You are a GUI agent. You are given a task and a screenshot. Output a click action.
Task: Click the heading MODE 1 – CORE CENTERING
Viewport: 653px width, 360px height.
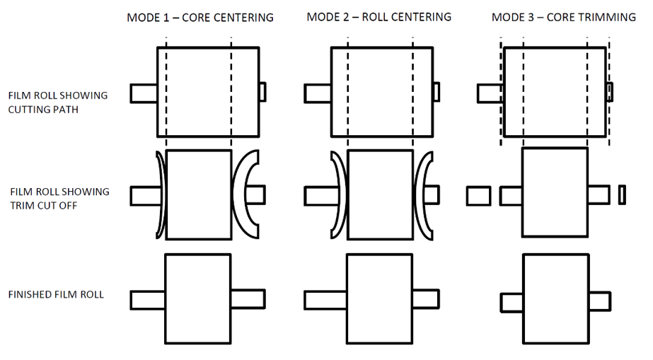200,18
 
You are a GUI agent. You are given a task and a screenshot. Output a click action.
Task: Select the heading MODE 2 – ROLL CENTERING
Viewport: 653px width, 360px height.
379,17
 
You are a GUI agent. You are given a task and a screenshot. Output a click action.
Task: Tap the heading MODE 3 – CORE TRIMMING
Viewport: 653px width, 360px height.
563,18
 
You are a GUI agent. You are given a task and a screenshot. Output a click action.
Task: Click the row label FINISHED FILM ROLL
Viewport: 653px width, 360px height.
56,295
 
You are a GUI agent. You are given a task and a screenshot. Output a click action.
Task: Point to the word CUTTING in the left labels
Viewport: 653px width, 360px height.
25,110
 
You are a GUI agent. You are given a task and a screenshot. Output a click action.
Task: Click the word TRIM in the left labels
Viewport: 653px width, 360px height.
22,206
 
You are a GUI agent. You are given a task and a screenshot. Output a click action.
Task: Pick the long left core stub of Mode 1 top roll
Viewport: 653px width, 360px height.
144,93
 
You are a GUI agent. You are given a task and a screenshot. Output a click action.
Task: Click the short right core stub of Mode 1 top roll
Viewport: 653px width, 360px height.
262,92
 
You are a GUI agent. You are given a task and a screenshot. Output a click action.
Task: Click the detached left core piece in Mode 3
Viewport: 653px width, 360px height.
478,196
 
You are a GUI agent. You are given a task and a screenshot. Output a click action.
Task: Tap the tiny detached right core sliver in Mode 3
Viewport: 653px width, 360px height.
622,194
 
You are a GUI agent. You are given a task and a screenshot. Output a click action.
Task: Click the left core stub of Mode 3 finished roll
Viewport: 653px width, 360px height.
512,303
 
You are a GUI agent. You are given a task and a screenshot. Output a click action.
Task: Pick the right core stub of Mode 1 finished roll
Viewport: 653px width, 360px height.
248,298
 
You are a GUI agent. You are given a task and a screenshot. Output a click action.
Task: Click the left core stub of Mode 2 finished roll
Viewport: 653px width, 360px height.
325,300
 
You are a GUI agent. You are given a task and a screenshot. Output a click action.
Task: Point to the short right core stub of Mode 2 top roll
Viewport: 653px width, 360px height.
436,92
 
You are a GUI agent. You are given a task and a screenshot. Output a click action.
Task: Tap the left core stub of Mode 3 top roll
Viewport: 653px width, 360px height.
490,93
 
